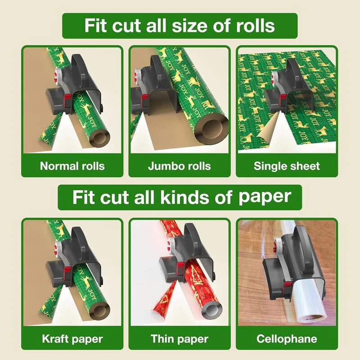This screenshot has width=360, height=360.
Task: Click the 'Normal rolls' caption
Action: (x=72, y=166)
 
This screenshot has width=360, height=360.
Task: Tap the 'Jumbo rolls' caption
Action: (x=179, y=166)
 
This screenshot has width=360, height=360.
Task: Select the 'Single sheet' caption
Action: (x=287, y=166)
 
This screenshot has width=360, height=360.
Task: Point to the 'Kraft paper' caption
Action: (x=72, y=338)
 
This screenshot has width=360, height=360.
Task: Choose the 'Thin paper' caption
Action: (x=179, y=338)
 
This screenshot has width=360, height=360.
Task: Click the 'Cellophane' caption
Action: (x=287, y=338)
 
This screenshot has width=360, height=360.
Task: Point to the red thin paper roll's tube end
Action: (x=207, y=310)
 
